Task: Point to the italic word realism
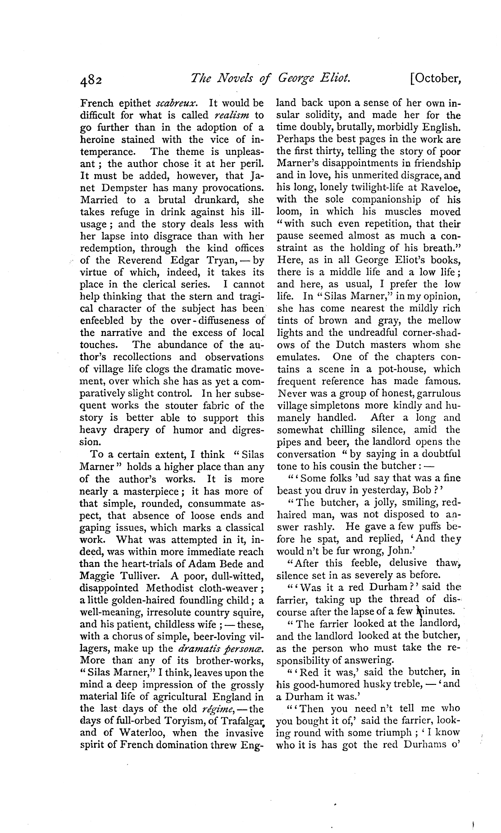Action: pyautogui.click(x=232, y=115)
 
